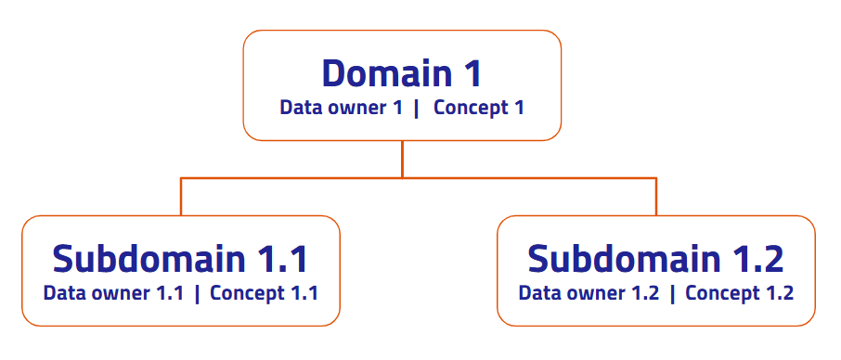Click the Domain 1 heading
(x=402, y=74)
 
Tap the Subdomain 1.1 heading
(x=180, y=259)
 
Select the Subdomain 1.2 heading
(x=655, y=259)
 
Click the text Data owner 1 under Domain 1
(x=341, y=108)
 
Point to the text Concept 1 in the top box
(x=478, y=109)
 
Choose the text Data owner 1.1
(x=113, y=293)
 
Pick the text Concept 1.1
(x=264, y=293)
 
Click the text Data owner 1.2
(x=589, y=293)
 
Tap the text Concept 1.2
(x=739, y=293)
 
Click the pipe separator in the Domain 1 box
(x=416, y=109)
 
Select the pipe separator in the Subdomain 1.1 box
(x=197, y=294)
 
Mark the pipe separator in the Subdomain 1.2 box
(x=672, y=294)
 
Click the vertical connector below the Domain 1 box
(x=402, y=159)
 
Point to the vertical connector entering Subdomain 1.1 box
(x=181, y=197)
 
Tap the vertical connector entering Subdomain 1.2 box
(x=656, y=197)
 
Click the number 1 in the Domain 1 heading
(x=472, y=74)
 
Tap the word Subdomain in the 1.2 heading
(x=624, y=259)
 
